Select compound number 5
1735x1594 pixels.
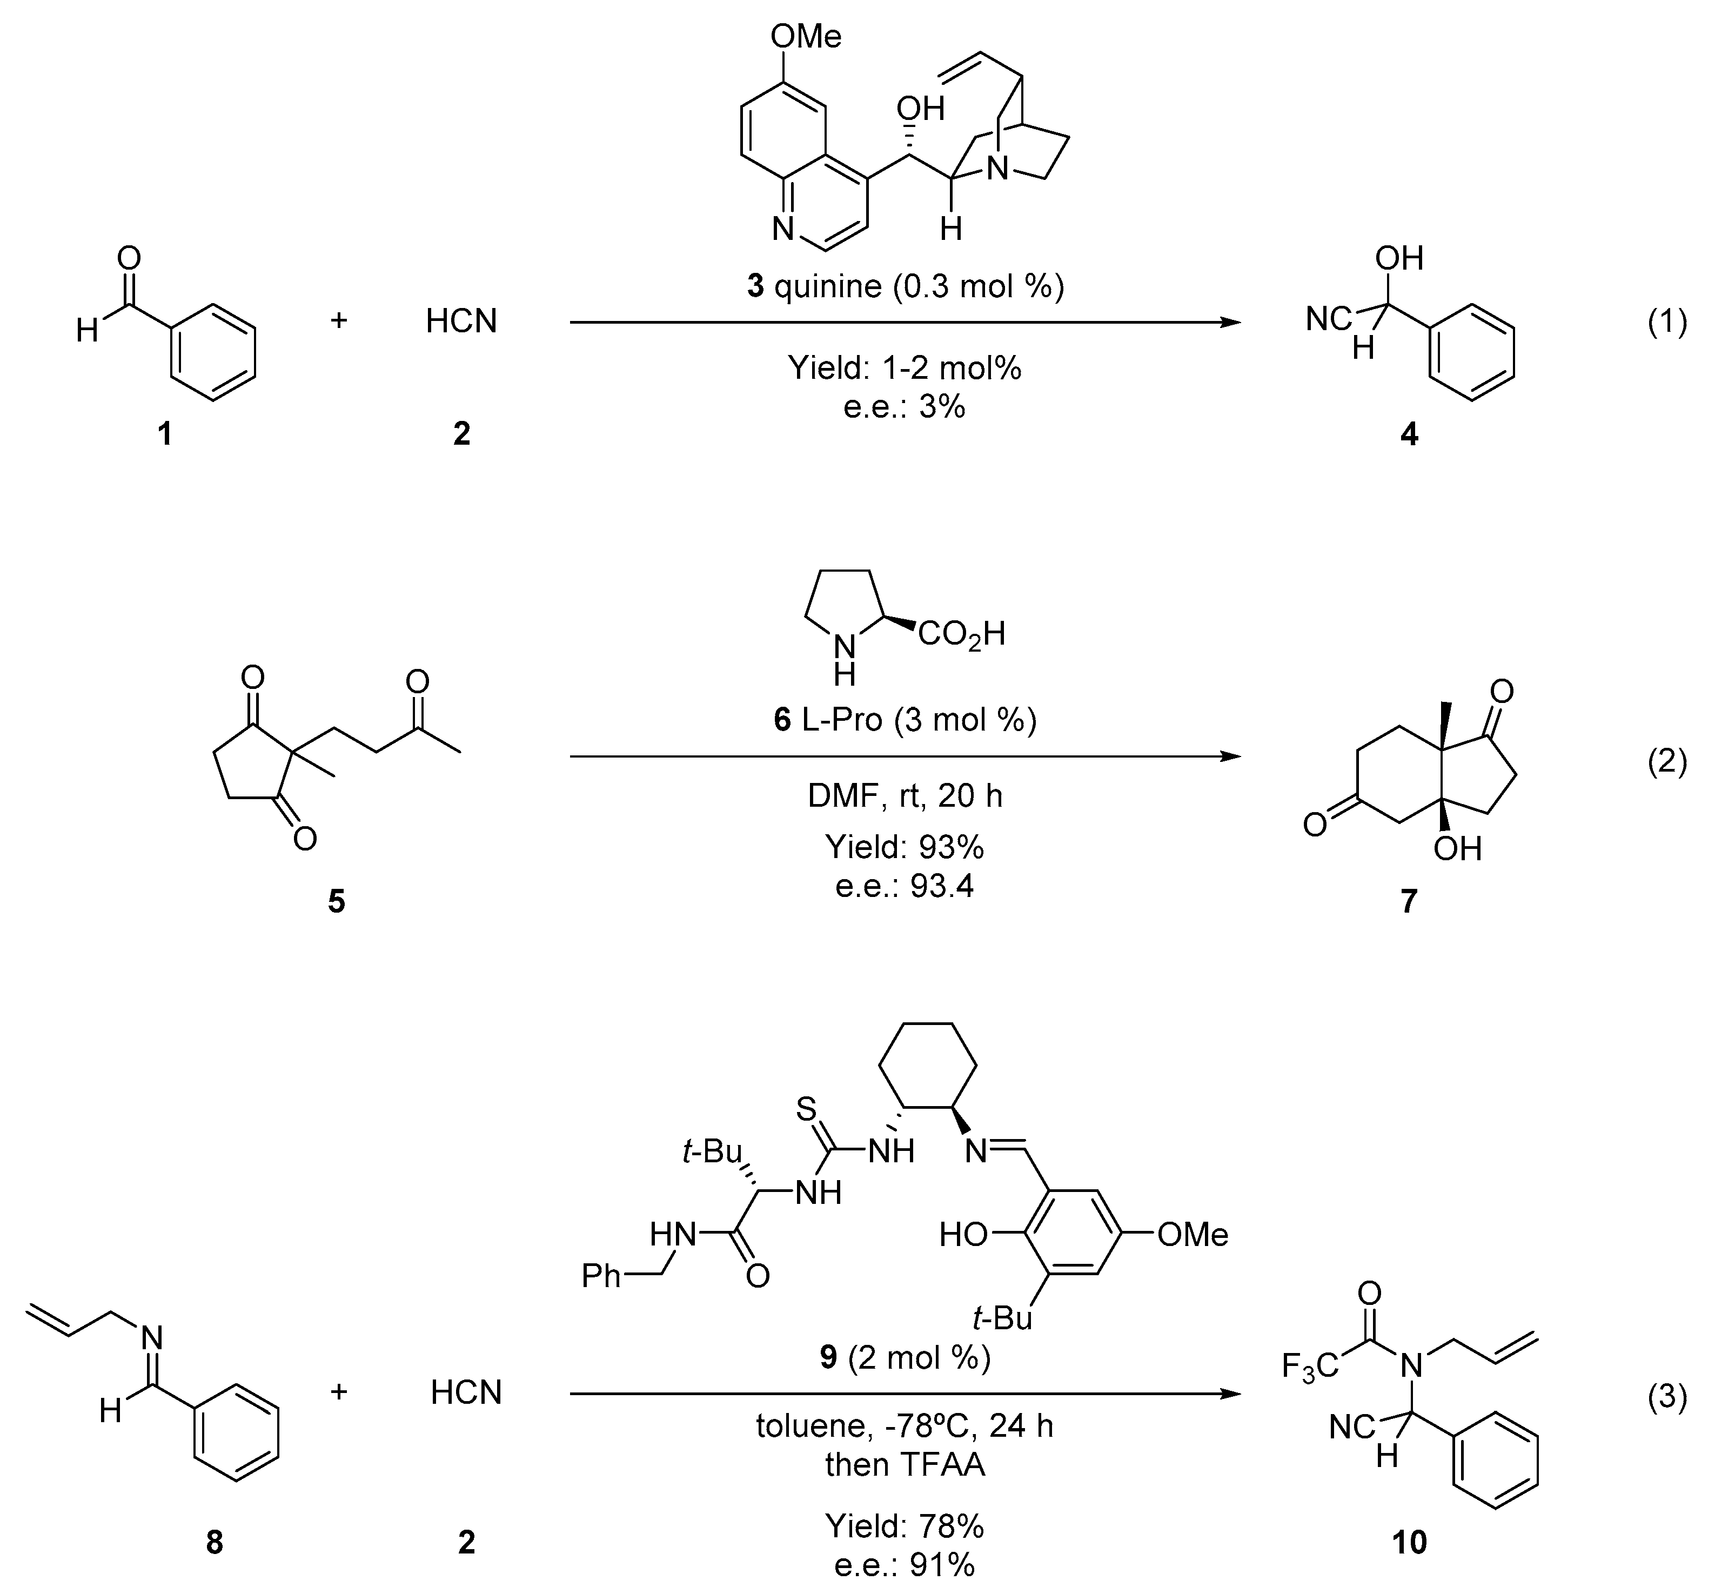[x=336, y=901]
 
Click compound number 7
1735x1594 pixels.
[x=1408, y=901]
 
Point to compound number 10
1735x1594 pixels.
[x=1409, y=1542]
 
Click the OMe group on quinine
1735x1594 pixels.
[x=806, y=36]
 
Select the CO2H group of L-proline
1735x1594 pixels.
[x=961, y=635]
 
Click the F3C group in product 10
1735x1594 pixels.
[x=1310, y=1367]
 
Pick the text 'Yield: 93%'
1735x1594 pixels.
[x=905, y=847]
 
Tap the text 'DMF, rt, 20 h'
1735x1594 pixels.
[x=905, y=795]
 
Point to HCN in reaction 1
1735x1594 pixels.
[x=461, y=322]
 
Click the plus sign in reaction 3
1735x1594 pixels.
[x=339, y=1392]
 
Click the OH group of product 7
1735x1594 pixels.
[x=1457, y=849]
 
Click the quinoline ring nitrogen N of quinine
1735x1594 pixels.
[x=782, y=230]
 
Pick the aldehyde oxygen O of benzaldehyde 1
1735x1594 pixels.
[x=129, y=257]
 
